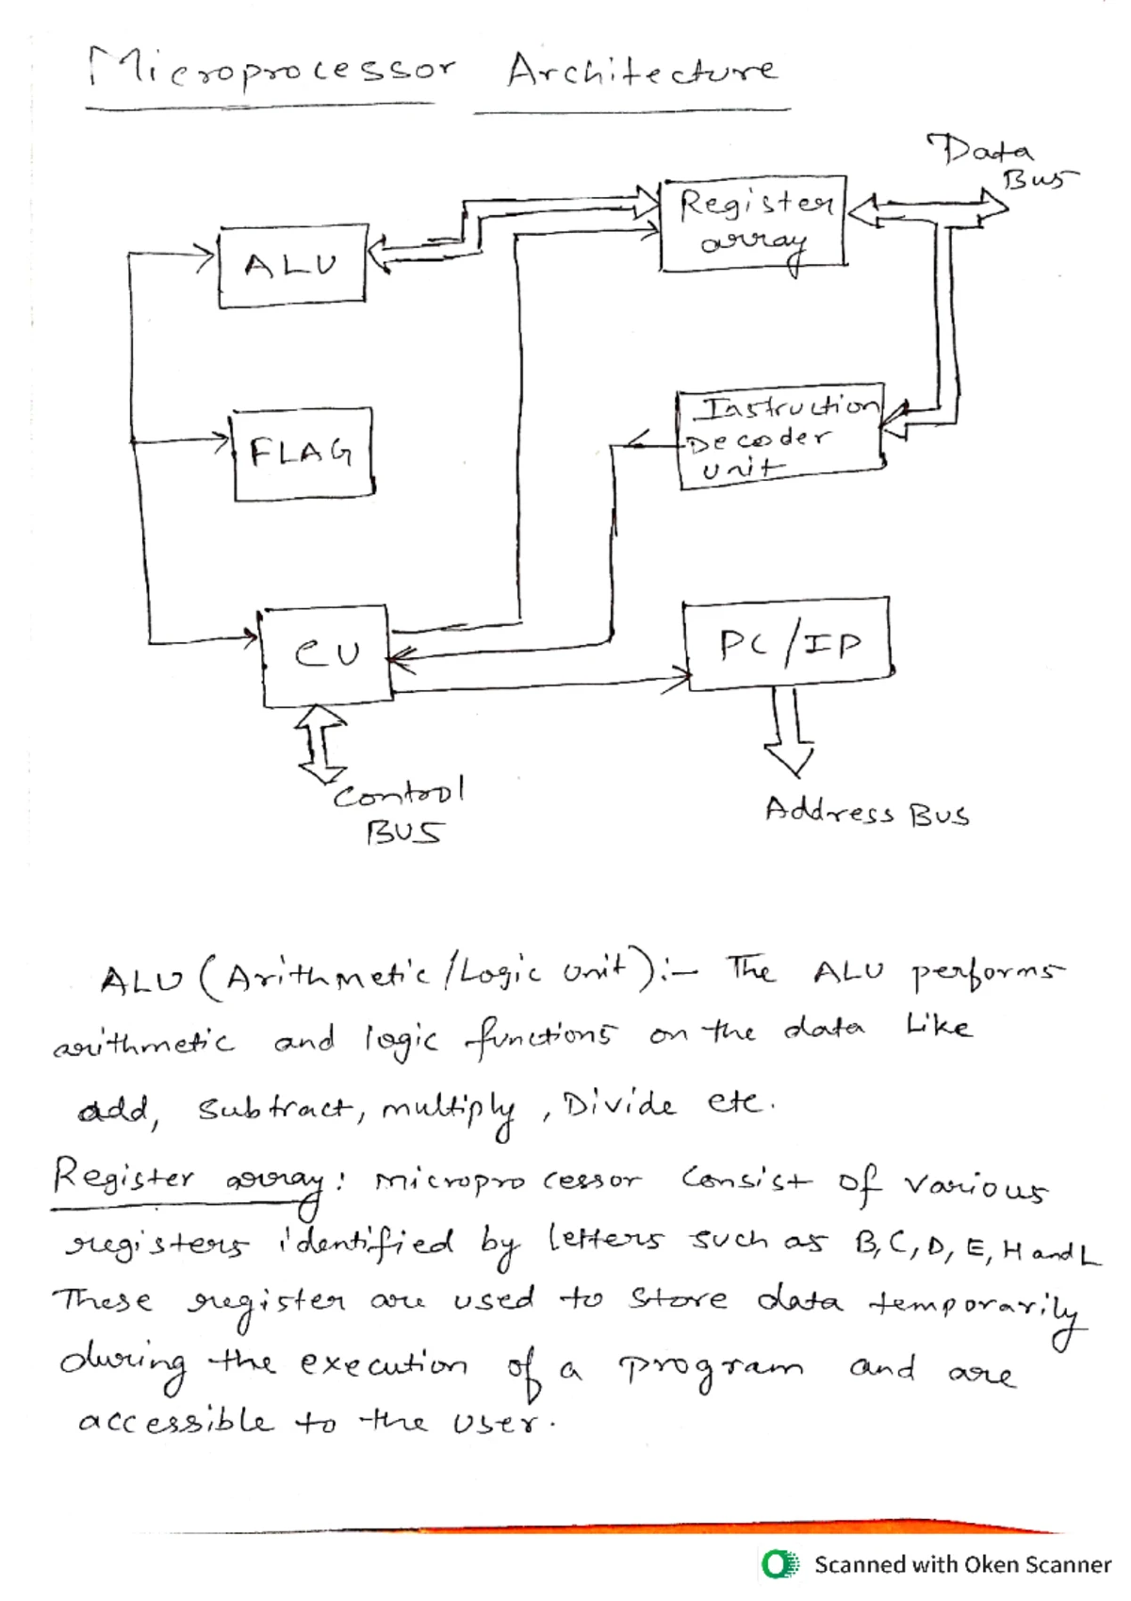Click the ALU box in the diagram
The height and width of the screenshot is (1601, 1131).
coord(291,267)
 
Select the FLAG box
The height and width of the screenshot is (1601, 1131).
coord(302,453)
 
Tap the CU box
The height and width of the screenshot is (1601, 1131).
coord(326,654)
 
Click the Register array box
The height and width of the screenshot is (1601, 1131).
coord(753,223)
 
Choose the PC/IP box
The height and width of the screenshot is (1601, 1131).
coord(788,644)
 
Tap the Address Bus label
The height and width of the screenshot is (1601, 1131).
coord(866,813)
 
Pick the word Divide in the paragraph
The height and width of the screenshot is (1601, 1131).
coord(618,1104)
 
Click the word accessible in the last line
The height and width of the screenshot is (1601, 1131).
coord(175,1421)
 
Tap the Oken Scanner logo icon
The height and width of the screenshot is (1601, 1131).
coord(779,1564)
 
